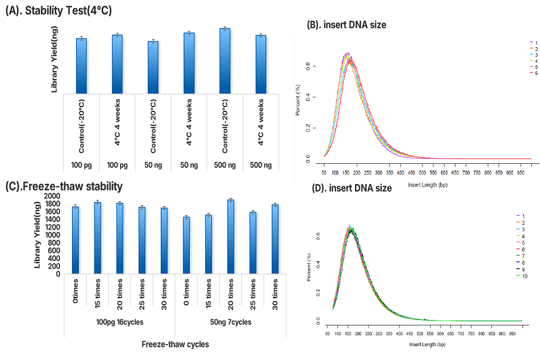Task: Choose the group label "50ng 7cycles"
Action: [230, 322]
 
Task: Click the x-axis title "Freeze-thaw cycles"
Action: [175, 345]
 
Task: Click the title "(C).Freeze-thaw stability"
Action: [63, 185]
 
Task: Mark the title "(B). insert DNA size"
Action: [346, 26]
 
